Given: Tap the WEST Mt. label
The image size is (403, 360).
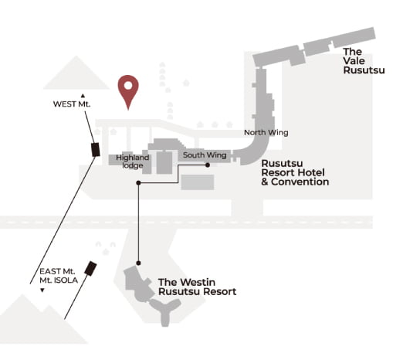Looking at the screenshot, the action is pyautogui.click(x=72, y=104).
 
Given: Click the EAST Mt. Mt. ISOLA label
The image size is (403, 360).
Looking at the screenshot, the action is pyautogui.click(x=59, y=276).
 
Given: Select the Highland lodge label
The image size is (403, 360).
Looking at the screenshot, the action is pyautogui.click(x=133, y=161).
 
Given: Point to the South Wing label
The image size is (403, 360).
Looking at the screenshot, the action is pyautogui.click(x=205, y=155).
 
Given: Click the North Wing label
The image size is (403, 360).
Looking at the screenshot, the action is pyautogui.click(x=266, y=132).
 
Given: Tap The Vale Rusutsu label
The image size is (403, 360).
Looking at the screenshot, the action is pyautogui.click(x=364, y=61).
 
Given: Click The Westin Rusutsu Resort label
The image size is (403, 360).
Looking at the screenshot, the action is pyautogui.click(x=198, y=287).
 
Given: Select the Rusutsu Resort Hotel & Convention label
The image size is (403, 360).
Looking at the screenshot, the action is pyautogui.click(x=295, y=172).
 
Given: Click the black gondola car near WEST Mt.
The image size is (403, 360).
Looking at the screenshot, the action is pyautogui.click(x=96, y=150).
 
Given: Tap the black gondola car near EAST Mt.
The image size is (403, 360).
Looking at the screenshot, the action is pyautogui.click(x=90, y=269).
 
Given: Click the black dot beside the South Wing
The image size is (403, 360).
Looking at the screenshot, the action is pyautogui.click(x=208, y=165).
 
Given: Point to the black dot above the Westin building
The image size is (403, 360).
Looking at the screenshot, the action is pyautogui.click(x=138, y=263).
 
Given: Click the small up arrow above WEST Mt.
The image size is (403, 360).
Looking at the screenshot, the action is pyautogui.click(x=83, y=96).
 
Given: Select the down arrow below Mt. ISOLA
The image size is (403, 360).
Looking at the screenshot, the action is pyautogui.click(x=42, y=290).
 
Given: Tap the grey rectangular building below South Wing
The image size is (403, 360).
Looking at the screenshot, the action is pyautogui.click(x=198, y=182).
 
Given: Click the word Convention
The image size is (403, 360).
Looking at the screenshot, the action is pyautogui.click(x=300, y=182).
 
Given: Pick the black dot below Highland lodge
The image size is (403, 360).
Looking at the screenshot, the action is pyautogui.click(x=138, y=183).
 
